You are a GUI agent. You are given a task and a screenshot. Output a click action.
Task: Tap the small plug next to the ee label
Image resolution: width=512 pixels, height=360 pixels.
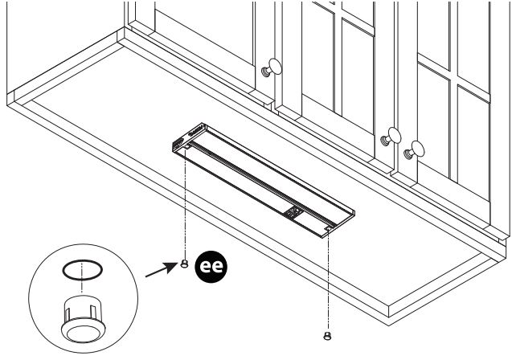click(184, 263)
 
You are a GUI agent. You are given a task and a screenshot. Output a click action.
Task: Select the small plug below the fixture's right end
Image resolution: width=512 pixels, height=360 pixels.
click(326, 334)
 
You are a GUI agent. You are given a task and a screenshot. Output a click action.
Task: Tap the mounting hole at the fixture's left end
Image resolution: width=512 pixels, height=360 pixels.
click(186, 148)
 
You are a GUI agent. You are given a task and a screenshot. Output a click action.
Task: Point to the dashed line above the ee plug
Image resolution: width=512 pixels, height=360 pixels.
click(185, 205)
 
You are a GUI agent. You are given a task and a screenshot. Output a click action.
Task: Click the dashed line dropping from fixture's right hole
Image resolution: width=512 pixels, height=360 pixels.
click(327, 281)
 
